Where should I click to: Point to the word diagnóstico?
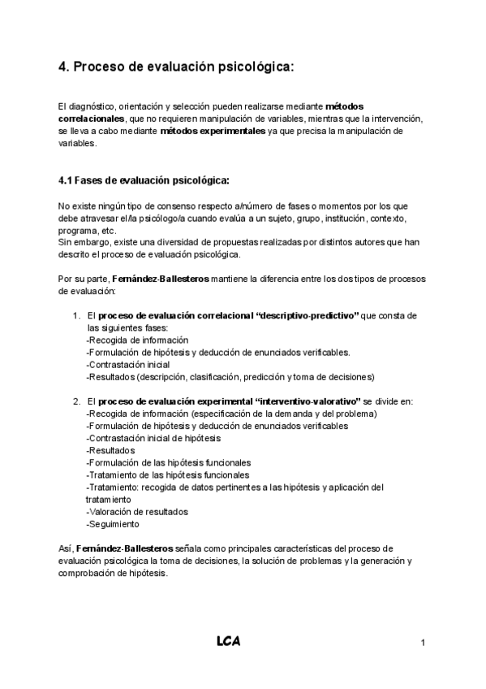pos(92,106)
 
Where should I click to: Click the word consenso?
pos(164,206)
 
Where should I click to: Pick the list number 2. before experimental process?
pos(76,401)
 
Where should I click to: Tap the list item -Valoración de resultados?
pos(136,512)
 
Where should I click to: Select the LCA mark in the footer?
pos(228,642)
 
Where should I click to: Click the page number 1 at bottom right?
pos(424,643)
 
